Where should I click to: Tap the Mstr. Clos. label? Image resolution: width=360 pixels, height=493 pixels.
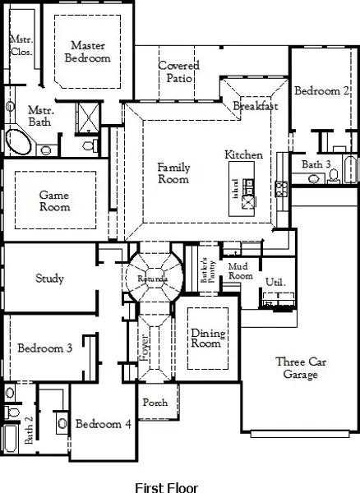coord(21,45)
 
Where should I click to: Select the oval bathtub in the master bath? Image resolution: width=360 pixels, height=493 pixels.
coord(18,141)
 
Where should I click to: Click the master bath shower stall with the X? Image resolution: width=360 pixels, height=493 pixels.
coord(86,114)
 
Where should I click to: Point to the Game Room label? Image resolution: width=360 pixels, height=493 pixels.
coord(55,200)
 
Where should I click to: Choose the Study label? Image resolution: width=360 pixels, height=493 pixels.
coord(49,279)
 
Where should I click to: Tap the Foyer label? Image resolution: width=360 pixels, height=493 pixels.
coord(145,346)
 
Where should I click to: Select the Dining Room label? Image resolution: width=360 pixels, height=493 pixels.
coord(205,338)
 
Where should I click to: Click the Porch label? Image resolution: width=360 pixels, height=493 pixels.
coord(155,403)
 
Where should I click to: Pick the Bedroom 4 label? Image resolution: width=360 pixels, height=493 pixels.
coord(103,424)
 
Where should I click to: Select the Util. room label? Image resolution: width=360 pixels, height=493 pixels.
coord(275,282)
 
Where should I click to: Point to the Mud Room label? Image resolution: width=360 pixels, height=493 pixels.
coord(240,271)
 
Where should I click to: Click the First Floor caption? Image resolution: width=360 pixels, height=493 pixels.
coord(168,486)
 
